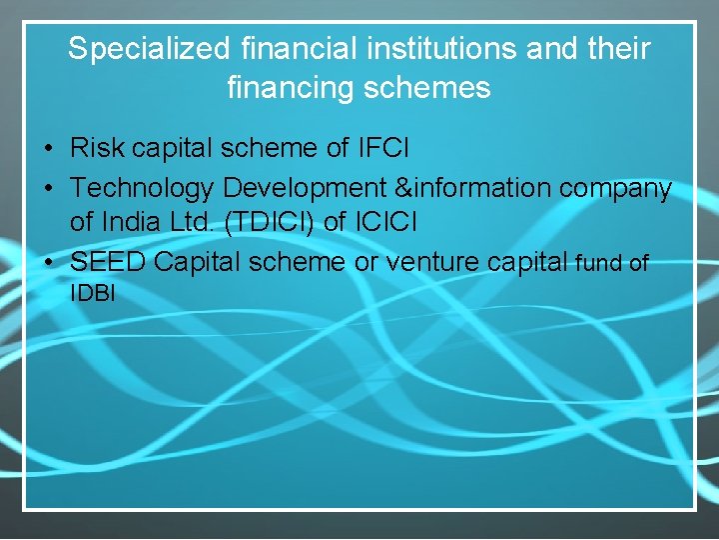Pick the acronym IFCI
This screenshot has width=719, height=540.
pos(382,149)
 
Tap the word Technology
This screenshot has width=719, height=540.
pos(142,188)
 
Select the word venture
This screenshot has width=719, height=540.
pos(434,262)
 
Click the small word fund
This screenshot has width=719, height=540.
pos(599,263)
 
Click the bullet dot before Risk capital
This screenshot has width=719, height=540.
pos(48,150)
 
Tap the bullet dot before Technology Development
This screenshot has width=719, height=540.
pos(48,189)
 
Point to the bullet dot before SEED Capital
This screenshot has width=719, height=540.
pos(48,263)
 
